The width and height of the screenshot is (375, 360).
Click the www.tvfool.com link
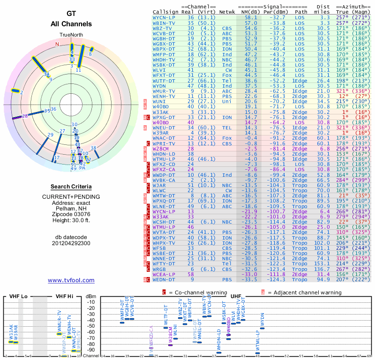71,280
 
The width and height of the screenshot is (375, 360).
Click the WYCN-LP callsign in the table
164,17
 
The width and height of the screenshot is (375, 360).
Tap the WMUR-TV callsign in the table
164,91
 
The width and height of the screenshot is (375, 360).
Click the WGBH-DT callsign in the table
164,38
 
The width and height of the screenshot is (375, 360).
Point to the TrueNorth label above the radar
71,35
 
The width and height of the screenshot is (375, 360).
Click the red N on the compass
57,45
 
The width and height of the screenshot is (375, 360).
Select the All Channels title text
71,24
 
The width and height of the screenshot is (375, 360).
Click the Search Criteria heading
71,186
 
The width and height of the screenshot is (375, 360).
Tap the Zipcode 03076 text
71,213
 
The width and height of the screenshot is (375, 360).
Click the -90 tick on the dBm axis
91,350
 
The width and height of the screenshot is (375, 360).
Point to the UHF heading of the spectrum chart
235,297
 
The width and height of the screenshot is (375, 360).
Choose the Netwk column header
227,11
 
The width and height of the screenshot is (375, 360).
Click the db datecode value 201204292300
71,243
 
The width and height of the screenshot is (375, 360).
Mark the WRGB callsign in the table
159,270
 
